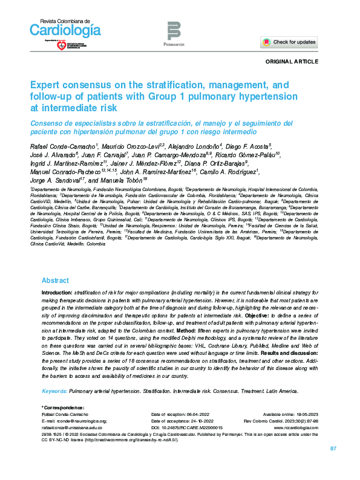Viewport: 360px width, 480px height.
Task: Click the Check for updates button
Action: (289, 42)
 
